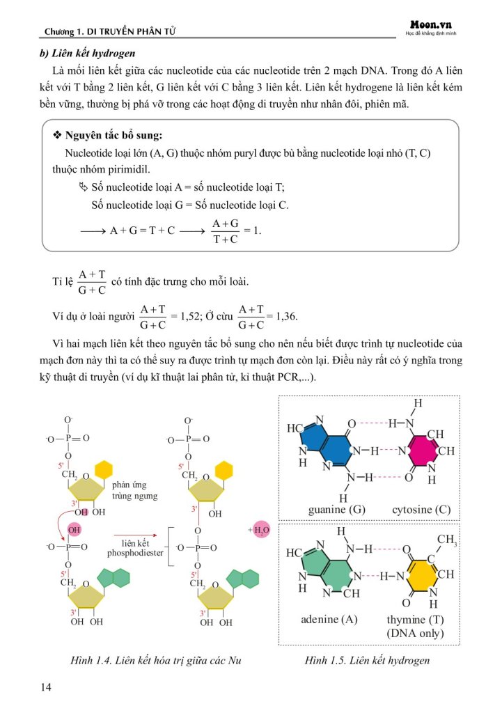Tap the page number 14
(47, 688)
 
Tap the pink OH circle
(74, 530)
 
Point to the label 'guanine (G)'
(337, 510)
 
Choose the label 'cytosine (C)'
(421, 510)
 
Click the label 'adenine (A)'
(329, 619)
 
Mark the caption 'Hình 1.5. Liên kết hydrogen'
(368, 659)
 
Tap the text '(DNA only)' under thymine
(415, 634)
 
